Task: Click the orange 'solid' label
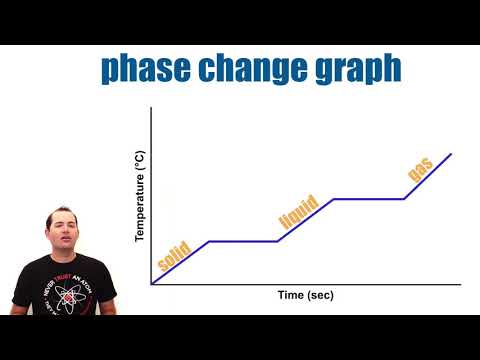(x=174, y=253)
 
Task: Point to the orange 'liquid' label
(x=298, y=212)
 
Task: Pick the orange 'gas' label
(x=420, y=169)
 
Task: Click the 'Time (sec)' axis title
(x=305, y=295)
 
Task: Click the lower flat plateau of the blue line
(x=242, y=241)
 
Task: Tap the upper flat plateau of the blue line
(x=368, y=198)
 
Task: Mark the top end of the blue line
(x=451, y=154)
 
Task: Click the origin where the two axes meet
(x=151, y=284)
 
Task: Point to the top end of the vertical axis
(x=151, y=109)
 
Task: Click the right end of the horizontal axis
(x=460, y=284)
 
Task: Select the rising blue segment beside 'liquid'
(x=305, y=220)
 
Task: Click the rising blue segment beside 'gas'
(x=428, y=176)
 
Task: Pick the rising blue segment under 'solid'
(x=180, y=262)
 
